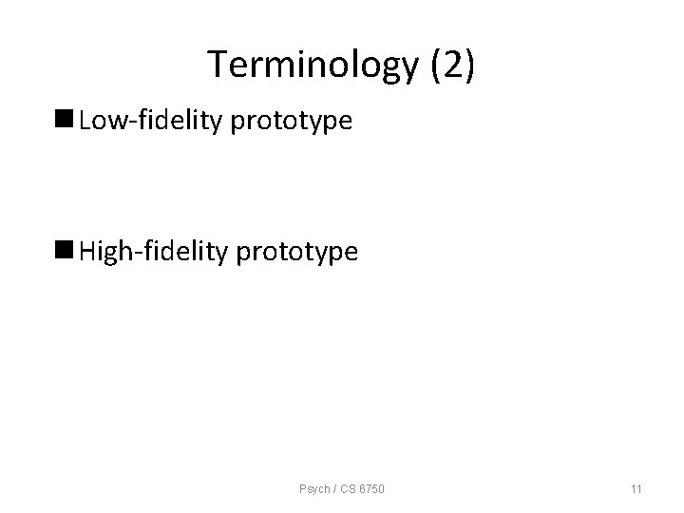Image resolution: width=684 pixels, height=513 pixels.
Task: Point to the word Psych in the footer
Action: tap(312, 489)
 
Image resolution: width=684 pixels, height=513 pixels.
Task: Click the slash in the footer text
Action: tap(332, 489)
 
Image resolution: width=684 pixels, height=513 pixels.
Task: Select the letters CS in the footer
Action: tap(345, 489)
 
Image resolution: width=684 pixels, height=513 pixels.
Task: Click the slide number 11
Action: tap(636, 489)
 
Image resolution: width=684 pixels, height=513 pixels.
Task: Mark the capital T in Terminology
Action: tap(218, 65)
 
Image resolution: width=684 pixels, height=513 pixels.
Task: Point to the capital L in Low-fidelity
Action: tap(85, 121)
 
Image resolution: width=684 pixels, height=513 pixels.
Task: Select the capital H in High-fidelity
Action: tap(88, 252)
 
